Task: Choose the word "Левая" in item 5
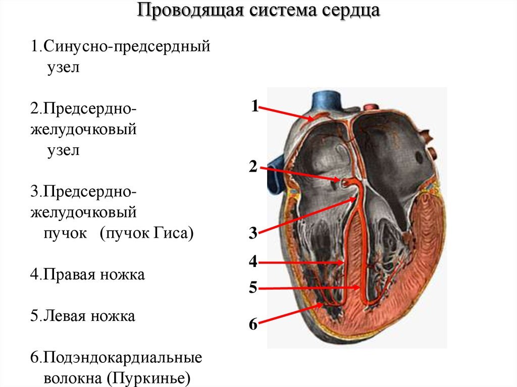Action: tap(66, 316)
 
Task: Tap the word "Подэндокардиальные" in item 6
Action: tap(123, 358)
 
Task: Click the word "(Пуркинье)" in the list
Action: tap(152, 377)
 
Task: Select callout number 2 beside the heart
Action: tap(253, 167)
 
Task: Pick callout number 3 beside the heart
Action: tap(253, 234)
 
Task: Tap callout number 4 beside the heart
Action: tap(253, 262)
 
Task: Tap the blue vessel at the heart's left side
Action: tap(276, 169)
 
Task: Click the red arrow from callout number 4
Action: tap(303, 262)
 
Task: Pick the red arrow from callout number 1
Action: tap(288, 113)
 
